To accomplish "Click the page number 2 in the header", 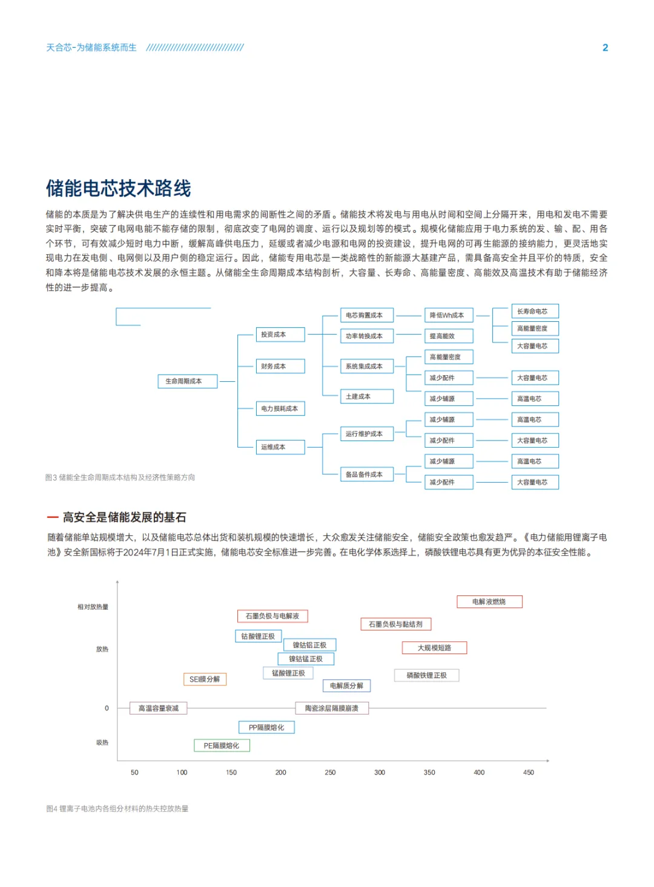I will (x=605, y=48).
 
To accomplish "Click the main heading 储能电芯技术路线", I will (x=119, y=188).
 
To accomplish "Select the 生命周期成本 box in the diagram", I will (x=187, y=381).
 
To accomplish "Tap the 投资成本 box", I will (x=280, y=335).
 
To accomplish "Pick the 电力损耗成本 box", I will (x=280, y=408).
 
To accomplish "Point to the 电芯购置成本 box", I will (x=366, y=315).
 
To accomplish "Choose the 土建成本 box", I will (x=366, y=396).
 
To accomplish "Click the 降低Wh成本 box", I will (x=448, y=315).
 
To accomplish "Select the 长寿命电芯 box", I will (x=535, y=311).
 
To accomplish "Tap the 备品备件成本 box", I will (x=366, y=474).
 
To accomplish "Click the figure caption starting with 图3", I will (x=120, y=477).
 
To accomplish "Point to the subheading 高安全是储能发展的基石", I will (x=124, y=517).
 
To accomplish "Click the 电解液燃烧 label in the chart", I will (x=489, y=601).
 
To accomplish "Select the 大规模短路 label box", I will (x=434, y=647).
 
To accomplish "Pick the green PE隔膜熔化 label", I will (x=222, y=745).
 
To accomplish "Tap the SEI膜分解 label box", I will (x=205, y=679).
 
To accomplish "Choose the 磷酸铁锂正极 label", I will (x=426, y=675).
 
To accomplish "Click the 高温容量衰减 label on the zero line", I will (x=159, y=708).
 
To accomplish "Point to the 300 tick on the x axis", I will (x=380, y=773).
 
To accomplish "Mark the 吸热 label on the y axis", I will (x=102, y=742).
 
